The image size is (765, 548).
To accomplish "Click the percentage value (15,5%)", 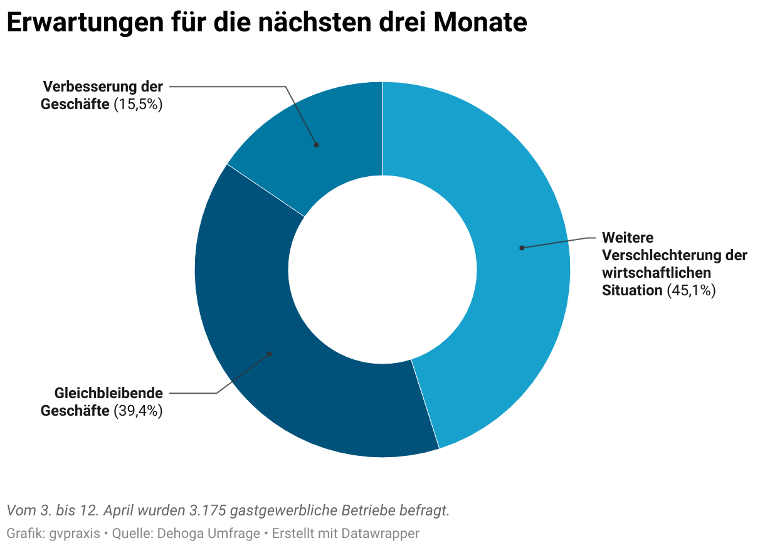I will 139,105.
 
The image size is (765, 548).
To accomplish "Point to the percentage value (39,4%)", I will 139,411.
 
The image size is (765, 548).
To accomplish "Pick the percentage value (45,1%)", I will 692,290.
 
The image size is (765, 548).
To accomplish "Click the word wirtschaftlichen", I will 657,273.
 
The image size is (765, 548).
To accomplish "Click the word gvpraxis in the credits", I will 74,534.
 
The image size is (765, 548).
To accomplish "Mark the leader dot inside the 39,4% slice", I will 270,354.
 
